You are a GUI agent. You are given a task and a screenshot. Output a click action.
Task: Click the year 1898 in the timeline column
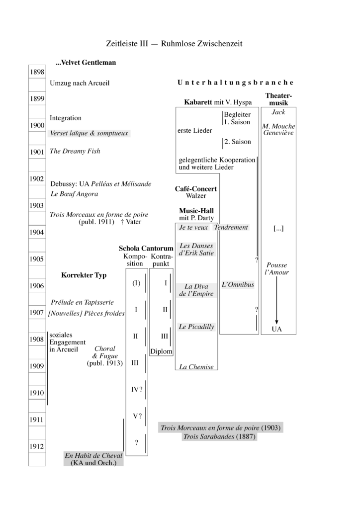point(37,72)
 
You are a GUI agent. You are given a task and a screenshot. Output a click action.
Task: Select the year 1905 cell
point(37,258)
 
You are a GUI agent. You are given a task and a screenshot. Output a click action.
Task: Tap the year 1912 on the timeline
point(37,446)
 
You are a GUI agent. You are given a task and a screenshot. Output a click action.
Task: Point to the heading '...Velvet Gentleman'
point(86,63)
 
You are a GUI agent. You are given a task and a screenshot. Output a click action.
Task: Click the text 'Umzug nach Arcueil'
point(80,83)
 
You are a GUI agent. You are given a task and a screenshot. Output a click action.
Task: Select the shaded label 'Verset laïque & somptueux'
point(89,133)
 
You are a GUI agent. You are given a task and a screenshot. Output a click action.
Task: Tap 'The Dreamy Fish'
point(75,151)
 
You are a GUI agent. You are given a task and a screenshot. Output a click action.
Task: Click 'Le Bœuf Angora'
point(74,194)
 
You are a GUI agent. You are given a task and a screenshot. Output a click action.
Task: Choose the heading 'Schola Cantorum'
point(146,249)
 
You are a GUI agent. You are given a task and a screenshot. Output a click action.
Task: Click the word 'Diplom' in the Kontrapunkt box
point(161,351)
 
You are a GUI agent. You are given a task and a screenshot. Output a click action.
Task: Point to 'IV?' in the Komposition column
point(137,390)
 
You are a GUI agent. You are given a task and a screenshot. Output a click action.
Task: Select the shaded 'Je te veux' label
point(193,227)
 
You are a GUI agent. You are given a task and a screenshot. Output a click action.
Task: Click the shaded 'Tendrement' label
point(231,227)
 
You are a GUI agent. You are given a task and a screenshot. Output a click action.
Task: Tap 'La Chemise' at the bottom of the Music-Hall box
point(196,367)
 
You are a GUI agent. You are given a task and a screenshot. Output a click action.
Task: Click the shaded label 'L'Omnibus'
point(238,284)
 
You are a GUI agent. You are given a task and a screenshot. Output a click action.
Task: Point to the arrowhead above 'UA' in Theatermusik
point(276,322)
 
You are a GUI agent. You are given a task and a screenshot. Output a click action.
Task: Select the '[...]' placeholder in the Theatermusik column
point(278,229)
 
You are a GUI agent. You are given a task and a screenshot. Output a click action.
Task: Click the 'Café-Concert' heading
point(196,189)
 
